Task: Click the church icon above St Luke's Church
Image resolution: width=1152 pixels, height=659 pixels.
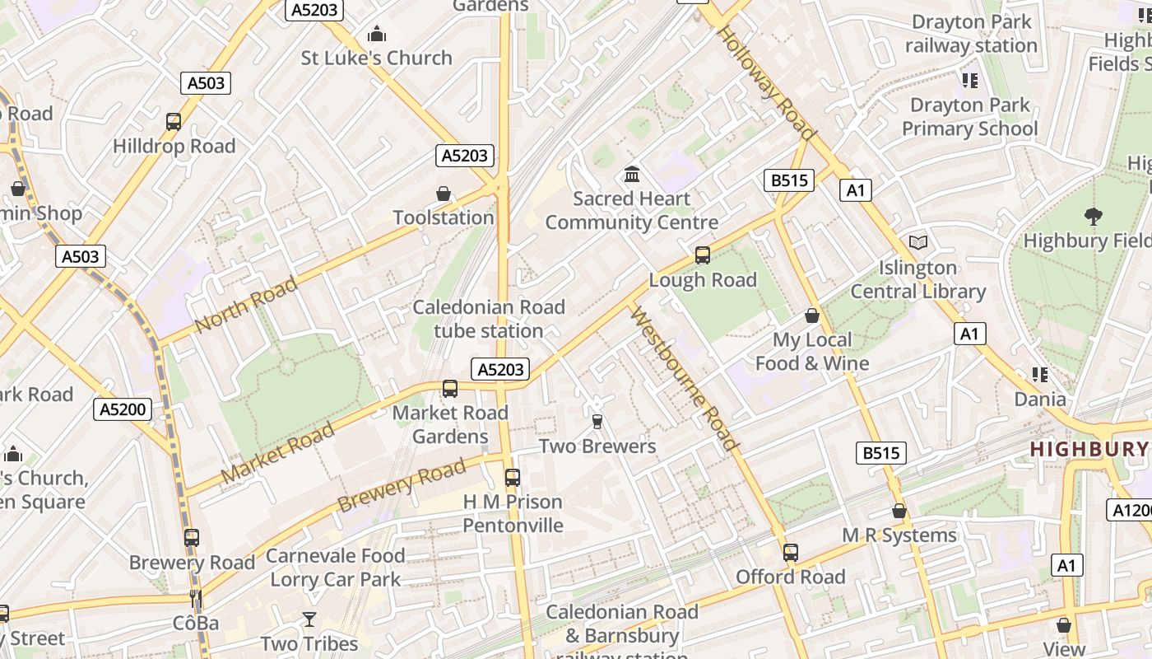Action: click(x=377, y=34)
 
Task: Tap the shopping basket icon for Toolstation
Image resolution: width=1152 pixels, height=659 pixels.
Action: click(x=444, y=194)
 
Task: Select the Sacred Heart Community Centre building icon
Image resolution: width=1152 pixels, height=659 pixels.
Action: click(x=632, y=174)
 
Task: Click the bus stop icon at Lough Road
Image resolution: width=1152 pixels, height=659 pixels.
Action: click(x=703, y=255)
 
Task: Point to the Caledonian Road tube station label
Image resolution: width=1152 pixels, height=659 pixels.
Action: click(x=489, y=319)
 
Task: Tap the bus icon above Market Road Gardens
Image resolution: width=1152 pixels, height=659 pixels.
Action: click(x=450, y=389)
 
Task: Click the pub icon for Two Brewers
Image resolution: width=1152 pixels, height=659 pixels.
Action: click(x=597, y=422)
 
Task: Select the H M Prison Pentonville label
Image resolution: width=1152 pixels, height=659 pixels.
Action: click(x=513, y=513)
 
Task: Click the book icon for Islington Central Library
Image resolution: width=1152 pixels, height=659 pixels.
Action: click(x=918, y=243)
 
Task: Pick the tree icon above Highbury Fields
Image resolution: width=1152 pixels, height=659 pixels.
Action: click(x=1094, y=217)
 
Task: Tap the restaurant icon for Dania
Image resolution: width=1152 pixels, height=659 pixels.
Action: click(x=1040, y=376)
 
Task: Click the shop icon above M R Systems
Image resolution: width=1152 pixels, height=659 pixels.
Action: click(x=899, y=512)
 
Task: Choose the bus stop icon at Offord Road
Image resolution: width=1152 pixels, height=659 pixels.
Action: click(x=791, y=553)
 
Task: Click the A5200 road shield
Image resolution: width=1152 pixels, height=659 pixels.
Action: click(x=123, y=409)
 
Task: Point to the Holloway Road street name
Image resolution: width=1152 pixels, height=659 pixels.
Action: click(x=767, y=83)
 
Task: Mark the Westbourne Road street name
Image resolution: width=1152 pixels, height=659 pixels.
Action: click(x=684, y=378)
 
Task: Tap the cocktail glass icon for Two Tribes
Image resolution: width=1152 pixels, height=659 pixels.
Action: click(x=309, y=619)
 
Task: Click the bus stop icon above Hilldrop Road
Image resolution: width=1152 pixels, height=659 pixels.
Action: click(x=174, y=122)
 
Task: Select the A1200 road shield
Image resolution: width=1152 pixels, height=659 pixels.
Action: click(x=1129, y=510)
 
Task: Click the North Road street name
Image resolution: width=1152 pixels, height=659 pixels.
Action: click(x=246, y=305)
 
